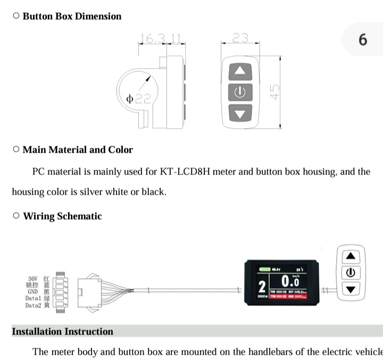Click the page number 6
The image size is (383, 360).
[363, 39]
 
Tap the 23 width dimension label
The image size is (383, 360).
[240, 38]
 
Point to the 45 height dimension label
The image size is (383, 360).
[275, 92]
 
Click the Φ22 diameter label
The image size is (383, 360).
[138, 98]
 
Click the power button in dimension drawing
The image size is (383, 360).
[240, 92]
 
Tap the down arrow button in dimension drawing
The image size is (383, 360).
[240, 113]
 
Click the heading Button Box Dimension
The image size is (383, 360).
[72, 16]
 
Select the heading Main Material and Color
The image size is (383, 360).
[78, 149]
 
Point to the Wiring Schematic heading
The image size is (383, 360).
[62, 216]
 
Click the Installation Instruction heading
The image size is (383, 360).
[62, 331]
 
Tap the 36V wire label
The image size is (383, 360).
[32, 278]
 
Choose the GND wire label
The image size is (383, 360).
[32, 291]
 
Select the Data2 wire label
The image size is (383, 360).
[32, 306]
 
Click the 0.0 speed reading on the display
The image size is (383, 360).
[290, 281]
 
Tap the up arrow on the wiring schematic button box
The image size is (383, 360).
[350, 256]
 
